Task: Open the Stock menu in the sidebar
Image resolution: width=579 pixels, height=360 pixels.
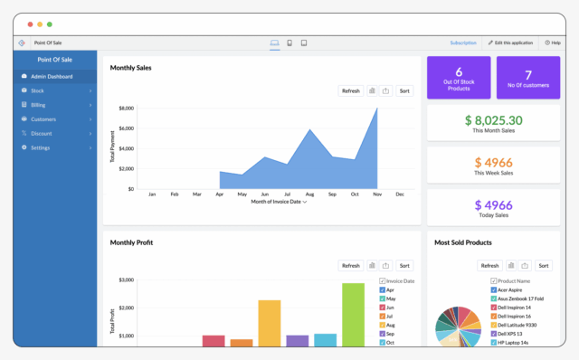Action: [37, 90]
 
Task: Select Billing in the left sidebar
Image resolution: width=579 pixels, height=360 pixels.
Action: [38, 105]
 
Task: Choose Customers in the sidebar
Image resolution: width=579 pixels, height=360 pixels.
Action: [43, 118]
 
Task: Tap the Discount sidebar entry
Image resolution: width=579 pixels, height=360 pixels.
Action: [42, 133]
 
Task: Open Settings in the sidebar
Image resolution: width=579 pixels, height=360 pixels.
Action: [40, 147]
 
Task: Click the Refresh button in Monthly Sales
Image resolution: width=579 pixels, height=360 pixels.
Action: [351, 90]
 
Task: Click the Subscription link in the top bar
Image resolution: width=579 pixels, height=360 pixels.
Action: [463, 43]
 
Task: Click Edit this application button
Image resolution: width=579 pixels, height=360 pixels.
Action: [511, 43]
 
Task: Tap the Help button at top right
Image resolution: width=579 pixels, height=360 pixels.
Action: [553, 43]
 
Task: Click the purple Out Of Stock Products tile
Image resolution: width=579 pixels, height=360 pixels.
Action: [459, 78]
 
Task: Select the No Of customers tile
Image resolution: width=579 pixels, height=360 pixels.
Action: [527, 78]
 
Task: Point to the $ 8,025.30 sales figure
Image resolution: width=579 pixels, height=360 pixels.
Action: [493, 119]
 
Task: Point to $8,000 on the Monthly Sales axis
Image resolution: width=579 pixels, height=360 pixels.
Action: [125, 108]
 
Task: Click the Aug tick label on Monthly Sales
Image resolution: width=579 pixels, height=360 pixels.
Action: [308, 194]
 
